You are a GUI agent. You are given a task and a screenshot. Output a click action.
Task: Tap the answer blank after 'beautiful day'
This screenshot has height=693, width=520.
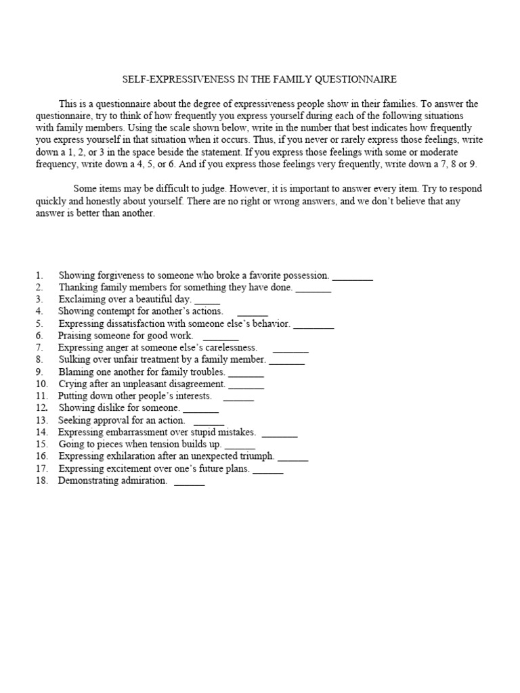207,300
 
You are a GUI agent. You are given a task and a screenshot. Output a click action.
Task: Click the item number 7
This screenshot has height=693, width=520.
40,348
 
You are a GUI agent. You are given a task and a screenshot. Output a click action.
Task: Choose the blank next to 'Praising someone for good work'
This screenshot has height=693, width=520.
221,336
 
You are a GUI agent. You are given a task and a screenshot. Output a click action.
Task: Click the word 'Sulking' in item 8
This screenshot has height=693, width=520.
74,360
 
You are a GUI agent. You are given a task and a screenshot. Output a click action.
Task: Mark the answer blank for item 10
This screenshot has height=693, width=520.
246,384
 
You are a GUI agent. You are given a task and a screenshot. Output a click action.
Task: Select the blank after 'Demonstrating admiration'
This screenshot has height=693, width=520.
189,481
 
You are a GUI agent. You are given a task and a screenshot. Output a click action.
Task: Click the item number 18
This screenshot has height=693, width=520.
41,481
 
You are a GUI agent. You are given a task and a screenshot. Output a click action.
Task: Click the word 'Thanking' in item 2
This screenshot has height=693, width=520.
79,288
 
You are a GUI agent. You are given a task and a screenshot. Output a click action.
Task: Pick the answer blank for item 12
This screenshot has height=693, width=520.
201,409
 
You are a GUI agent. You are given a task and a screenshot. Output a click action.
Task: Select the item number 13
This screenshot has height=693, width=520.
41,420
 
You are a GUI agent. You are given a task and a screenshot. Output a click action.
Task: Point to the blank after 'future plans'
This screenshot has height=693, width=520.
268,469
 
